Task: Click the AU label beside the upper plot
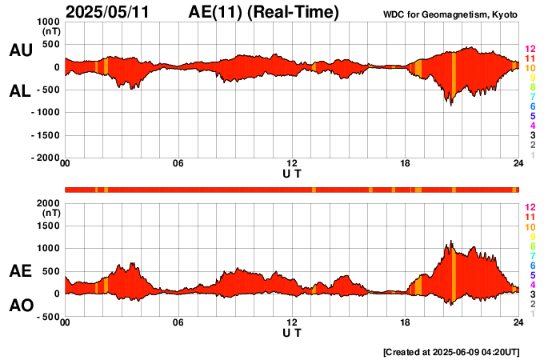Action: tap(20, 50)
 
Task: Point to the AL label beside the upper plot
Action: tap(20, 91)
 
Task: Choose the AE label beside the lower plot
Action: tap(20, 271)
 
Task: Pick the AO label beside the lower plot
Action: tap(20, 306)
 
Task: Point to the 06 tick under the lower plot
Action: tap(178, 323)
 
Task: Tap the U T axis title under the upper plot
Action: tap(292, 173)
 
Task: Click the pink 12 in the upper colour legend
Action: tap(530, 50)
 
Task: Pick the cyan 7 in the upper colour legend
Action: tap(531, 97)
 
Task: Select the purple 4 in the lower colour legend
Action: tap(531, 284)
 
